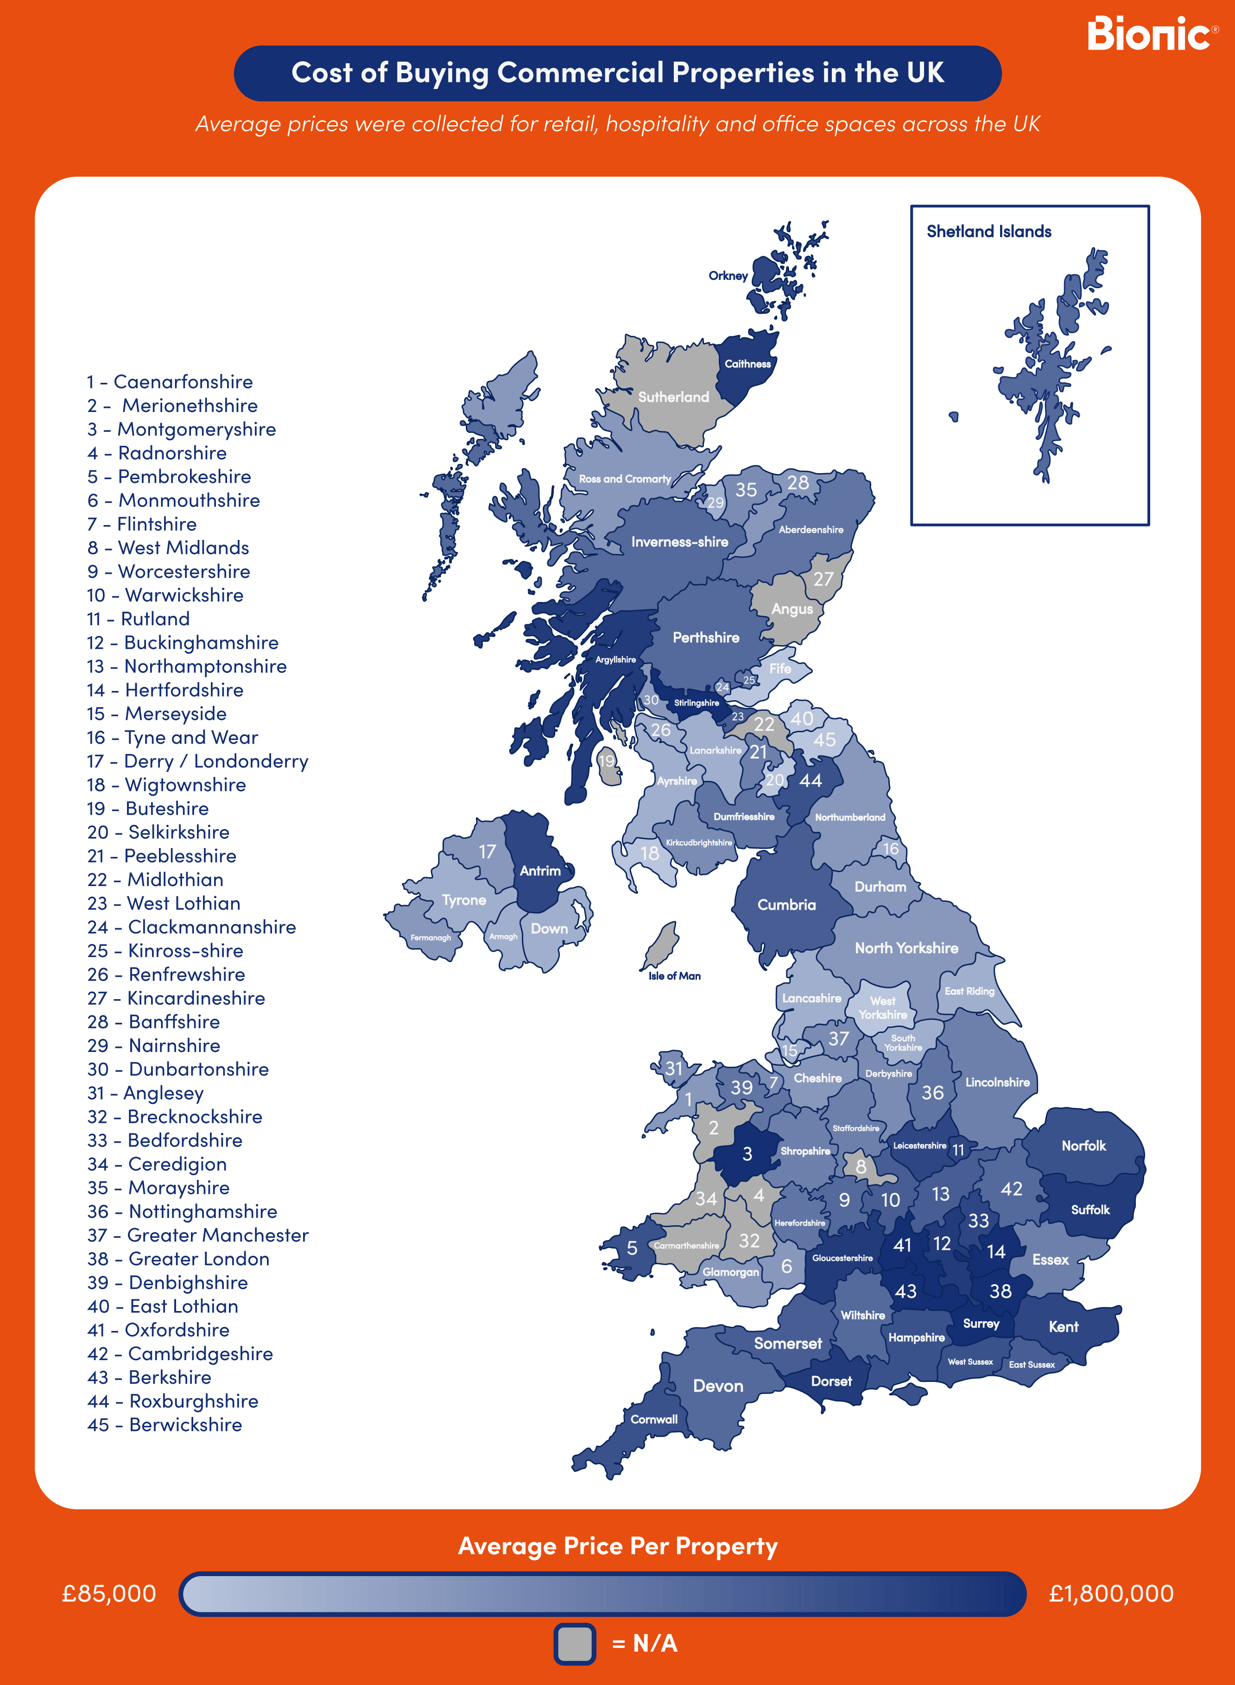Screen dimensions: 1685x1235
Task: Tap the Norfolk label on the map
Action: point(1083,1145)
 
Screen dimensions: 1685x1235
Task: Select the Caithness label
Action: point(747,364)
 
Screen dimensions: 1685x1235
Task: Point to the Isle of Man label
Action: point(674,976)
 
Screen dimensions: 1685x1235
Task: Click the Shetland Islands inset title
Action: point(988,232)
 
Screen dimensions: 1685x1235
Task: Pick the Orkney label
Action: point(728,276)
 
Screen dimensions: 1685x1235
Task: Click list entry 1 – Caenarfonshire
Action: point(170,382)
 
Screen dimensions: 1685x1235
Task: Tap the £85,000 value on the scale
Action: point(109,1593)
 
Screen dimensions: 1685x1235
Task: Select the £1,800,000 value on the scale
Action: point(1111,1593)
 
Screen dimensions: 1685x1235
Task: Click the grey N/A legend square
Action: point(574,1643)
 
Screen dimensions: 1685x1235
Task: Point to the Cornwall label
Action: point(653,1419)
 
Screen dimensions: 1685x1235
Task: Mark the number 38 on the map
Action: point(1000,1291)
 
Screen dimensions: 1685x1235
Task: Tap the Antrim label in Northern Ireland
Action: point(540,871)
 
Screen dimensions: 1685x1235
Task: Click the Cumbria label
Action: point(786,905)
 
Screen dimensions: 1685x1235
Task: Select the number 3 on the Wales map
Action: point(747,1153)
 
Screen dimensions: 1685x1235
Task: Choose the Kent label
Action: point(1063,1327)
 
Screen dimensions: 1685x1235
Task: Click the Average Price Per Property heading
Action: point(617,1545)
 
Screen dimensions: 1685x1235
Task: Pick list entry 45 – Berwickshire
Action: point(165,1425)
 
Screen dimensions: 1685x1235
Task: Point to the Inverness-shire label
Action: point(679,542)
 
